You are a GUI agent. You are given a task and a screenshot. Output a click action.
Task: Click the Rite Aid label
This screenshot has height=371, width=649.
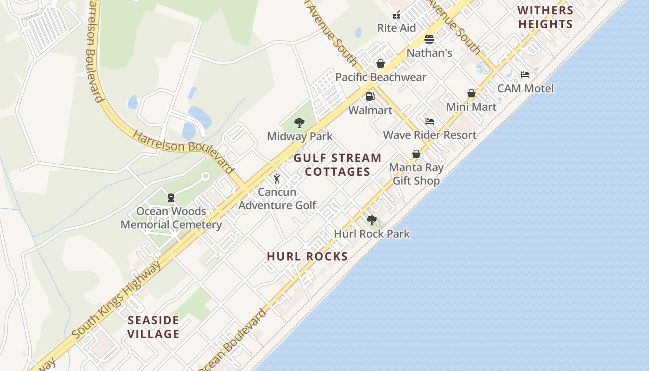tap(396, 28)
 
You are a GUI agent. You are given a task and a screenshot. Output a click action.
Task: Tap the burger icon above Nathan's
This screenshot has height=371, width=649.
tap(429, 39)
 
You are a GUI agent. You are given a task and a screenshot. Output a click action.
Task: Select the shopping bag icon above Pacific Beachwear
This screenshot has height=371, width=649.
tap(381, 64)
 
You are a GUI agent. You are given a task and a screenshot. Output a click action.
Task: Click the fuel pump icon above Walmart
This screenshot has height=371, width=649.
tap(370, 96)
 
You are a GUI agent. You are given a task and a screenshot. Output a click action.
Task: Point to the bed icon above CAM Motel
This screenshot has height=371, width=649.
tap(525, 74)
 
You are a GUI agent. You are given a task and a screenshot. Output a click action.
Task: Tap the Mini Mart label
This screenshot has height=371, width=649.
tap(471, 107)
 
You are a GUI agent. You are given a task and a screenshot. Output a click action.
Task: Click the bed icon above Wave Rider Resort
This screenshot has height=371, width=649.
tap(430, 122)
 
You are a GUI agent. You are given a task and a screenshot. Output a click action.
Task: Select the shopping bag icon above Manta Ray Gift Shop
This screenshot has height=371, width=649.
tap(416, 154)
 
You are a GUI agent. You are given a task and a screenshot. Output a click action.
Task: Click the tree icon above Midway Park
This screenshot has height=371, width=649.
tap(299, 123)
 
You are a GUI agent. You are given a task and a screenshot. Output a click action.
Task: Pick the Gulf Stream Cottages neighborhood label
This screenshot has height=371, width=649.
tap(337, 165)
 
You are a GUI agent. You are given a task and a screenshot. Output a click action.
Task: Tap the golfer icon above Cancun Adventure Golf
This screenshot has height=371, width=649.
tap(277, 179)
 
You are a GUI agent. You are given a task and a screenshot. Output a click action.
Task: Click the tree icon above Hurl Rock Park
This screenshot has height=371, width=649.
tap(371, 220)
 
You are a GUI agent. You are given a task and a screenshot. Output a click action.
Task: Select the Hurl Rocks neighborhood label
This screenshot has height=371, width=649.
tap(307, 256)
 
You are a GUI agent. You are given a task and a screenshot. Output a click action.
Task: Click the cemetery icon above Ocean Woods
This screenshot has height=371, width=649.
tap(171, 198)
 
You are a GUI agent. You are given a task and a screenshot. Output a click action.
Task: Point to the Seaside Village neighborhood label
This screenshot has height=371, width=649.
tap(153, 327)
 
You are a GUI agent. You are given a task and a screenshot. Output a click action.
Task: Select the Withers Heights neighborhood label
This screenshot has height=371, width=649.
tap(545, 17)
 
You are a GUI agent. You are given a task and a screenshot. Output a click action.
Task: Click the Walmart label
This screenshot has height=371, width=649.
tap(370, 110)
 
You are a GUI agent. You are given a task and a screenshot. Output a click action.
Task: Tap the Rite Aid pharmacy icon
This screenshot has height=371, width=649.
tap(396, 15)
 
